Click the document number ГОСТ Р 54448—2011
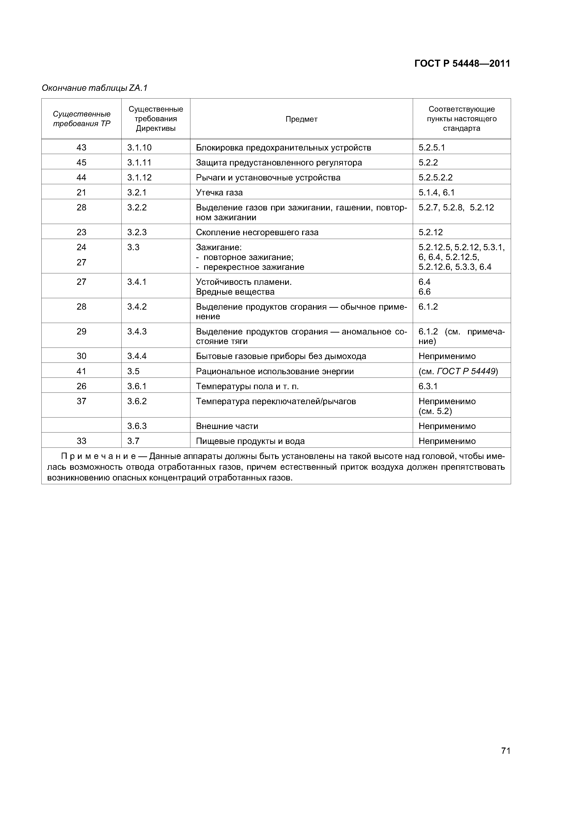click(462, 64)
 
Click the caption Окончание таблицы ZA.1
click(94, 88)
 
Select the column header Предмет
click(301, 119)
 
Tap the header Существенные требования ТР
click(81, 119)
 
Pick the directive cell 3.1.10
click(139, 147)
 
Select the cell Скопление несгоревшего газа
click(257, 232)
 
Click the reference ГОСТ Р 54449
click(466, 371)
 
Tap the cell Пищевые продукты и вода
click(250, 441)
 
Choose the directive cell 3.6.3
click(137, 426)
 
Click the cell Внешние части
click(227, 426)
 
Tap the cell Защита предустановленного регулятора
click(279, 162)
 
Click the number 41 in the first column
click(81, 371)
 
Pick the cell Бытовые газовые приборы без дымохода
click(281, 356)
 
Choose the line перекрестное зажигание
click(253, 267)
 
